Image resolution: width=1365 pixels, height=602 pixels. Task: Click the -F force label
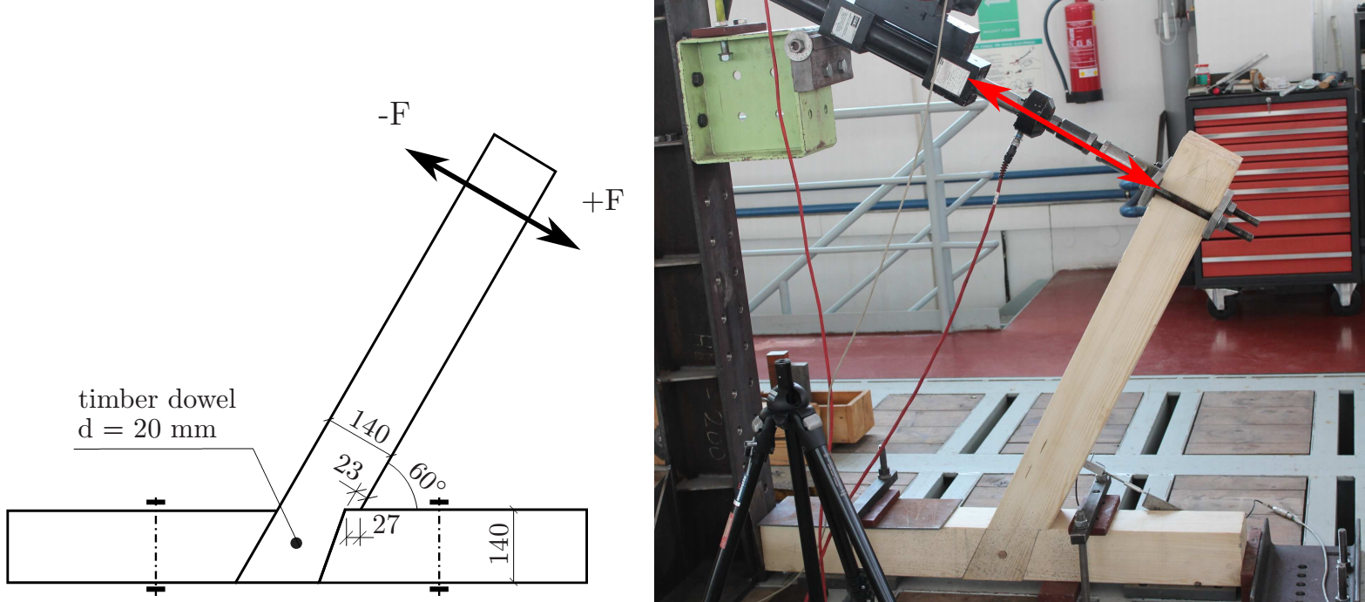tap(394, 114)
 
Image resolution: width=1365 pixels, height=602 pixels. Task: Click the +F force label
tap(604, 200)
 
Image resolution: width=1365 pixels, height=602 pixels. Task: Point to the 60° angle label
tap(427, 477)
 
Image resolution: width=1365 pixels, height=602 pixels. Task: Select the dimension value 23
tap(348, 468)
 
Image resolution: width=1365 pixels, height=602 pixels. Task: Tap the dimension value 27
tap(386, 524)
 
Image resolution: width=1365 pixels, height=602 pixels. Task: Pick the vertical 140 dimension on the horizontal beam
tap(500, 543)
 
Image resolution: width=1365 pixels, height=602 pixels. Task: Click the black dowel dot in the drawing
tap(296, 543)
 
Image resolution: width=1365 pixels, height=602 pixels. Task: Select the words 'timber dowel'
tap(157, 399)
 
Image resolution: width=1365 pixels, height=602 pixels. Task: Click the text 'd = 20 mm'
tap(147, 429)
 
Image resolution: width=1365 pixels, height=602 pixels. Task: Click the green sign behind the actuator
tap(998, 18)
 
